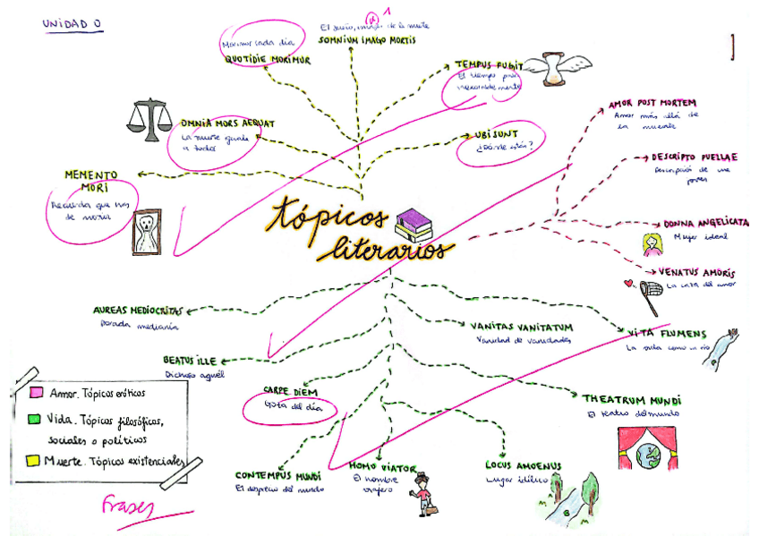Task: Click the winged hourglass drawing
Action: pos(553,69)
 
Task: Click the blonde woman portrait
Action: pos(651,242)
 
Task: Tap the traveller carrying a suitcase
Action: pos(421,494)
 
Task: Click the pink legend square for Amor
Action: pos(37,393)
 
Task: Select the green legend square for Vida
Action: pos(35,418)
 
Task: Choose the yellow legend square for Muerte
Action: pos(34,461)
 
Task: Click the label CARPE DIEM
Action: pos(288,391)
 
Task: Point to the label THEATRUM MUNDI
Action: pos(631,399)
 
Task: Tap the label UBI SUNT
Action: pos(496,135)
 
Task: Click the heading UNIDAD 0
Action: pos(72,24)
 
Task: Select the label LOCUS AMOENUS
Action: pos(523,466)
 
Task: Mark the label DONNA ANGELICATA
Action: pos(705,223)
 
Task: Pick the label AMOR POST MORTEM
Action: pos(652,103)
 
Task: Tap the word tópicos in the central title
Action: pos(329,216)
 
